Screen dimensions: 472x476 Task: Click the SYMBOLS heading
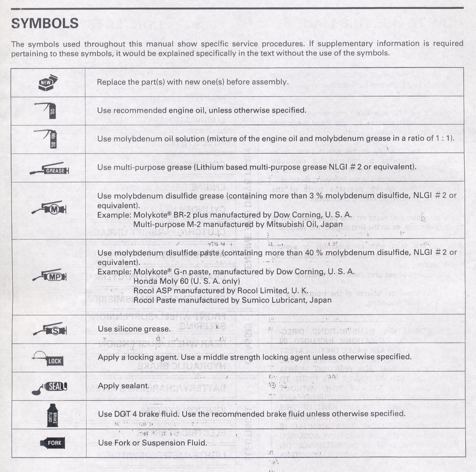click(45, 23)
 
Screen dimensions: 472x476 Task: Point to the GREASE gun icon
click(50, 169)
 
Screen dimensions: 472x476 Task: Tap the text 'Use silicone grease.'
click(134, 329)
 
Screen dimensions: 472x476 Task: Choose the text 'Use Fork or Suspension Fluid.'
click(152, 443)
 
